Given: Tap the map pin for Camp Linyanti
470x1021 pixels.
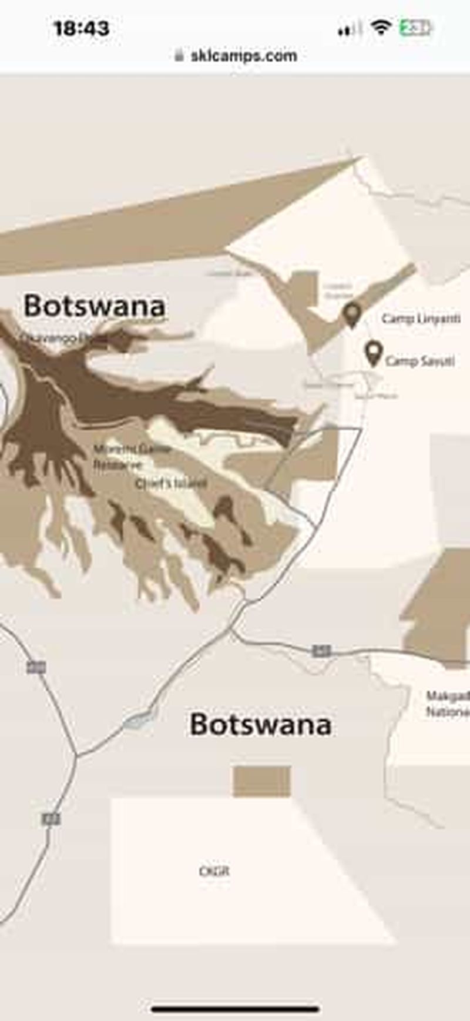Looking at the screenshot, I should [x=352, y=313].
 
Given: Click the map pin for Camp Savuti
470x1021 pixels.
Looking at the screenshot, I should [x=373, y=352].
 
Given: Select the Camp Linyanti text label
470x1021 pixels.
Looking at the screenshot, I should [x=421, y=319].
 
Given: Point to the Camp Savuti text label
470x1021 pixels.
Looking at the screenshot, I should [x=419, y=360].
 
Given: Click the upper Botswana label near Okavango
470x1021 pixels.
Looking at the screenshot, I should [x=95, y=306].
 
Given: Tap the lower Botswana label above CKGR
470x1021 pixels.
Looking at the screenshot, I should [x=260, y=724].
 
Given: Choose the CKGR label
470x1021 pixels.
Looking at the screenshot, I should [x=214, y=871].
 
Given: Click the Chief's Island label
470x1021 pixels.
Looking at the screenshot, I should [x=171, y=483].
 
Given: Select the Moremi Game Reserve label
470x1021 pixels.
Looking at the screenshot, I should [x=132, y=456].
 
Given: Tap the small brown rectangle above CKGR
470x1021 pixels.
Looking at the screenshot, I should [x=262, y=781].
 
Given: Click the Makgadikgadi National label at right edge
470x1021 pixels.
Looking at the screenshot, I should [x=448, y=704].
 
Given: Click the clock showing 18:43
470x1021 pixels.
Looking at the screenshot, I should [x=81, y=28].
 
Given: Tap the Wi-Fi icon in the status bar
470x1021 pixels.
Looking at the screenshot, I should [x=381, y=27].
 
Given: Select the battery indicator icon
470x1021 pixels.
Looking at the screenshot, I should [x=415, y=28].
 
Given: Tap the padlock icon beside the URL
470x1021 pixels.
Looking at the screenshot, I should [x=180, y=56].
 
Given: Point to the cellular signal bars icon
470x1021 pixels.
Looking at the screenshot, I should [x=349, y=28].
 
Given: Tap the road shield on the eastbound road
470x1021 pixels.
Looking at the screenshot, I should [x=321, y=650].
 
